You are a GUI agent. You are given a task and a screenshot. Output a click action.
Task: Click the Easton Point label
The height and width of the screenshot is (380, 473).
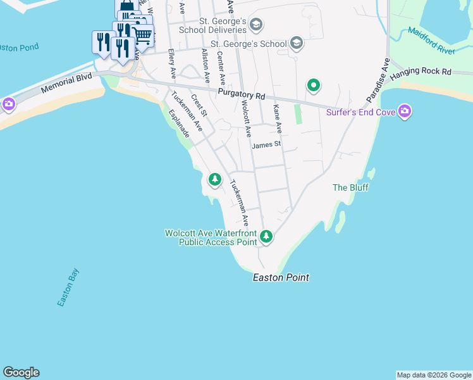[x=281, y=277]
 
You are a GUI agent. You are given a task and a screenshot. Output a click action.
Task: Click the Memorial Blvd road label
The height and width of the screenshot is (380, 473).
[x=66, y=83]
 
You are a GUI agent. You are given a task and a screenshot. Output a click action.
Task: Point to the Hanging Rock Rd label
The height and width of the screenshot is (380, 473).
[x=421, y=73]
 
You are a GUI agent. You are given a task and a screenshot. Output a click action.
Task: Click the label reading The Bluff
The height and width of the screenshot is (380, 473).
[x=350, y=187]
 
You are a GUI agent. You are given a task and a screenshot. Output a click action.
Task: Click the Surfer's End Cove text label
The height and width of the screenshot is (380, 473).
[x=360, y=113]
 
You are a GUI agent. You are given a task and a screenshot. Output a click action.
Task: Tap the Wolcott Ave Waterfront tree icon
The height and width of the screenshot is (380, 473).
[x=267, y=237]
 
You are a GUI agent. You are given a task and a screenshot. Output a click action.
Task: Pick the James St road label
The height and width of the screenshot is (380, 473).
[x=266, y=145]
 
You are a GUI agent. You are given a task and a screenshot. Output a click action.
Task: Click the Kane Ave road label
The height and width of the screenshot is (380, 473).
[x=277, y=119]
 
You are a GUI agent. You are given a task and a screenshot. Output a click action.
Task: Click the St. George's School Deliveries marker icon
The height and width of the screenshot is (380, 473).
[x=256, y=25]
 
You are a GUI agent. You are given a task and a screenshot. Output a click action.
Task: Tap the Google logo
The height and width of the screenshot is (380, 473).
[x=21, y=372]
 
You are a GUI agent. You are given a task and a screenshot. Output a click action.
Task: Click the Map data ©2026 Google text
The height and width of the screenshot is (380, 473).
[x=434, y=375]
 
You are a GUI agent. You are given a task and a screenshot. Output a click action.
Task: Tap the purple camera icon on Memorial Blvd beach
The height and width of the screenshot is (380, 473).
[x=9, y=104]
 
